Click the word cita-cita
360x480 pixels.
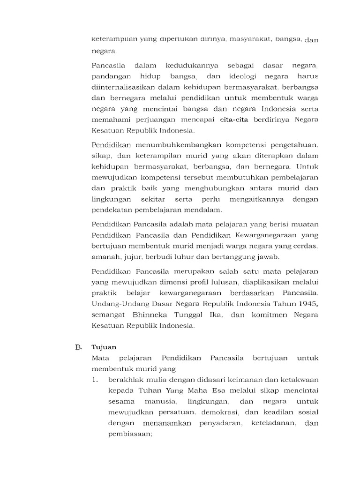coord(236,120)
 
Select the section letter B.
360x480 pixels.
coord(78,347)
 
